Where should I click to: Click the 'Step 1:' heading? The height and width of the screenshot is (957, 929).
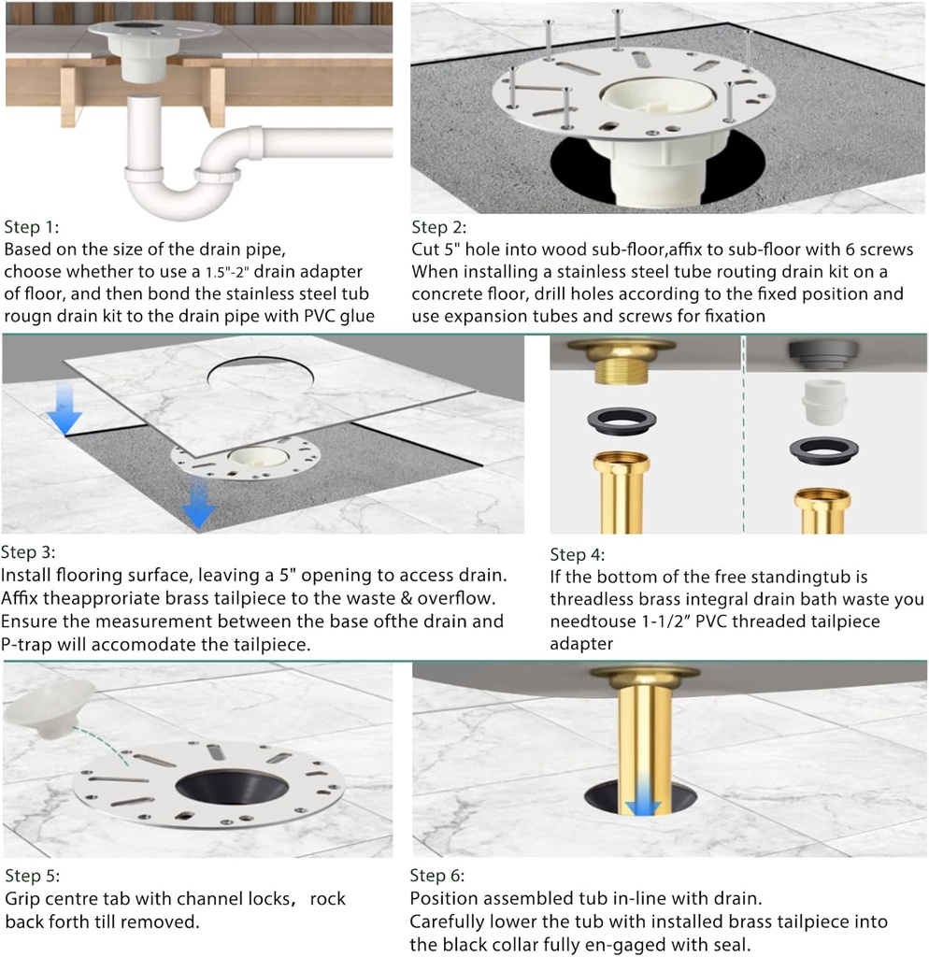[35, 227]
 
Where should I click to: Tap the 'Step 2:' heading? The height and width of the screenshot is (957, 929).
[439, 227]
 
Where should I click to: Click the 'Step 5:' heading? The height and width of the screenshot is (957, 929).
[35, 876]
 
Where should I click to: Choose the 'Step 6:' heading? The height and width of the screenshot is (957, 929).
[437, 876]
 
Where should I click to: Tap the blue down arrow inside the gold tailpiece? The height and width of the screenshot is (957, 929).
[642, 804]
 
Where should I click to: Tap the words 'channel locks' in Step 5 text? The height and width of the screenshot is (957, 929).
[228, 899]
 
